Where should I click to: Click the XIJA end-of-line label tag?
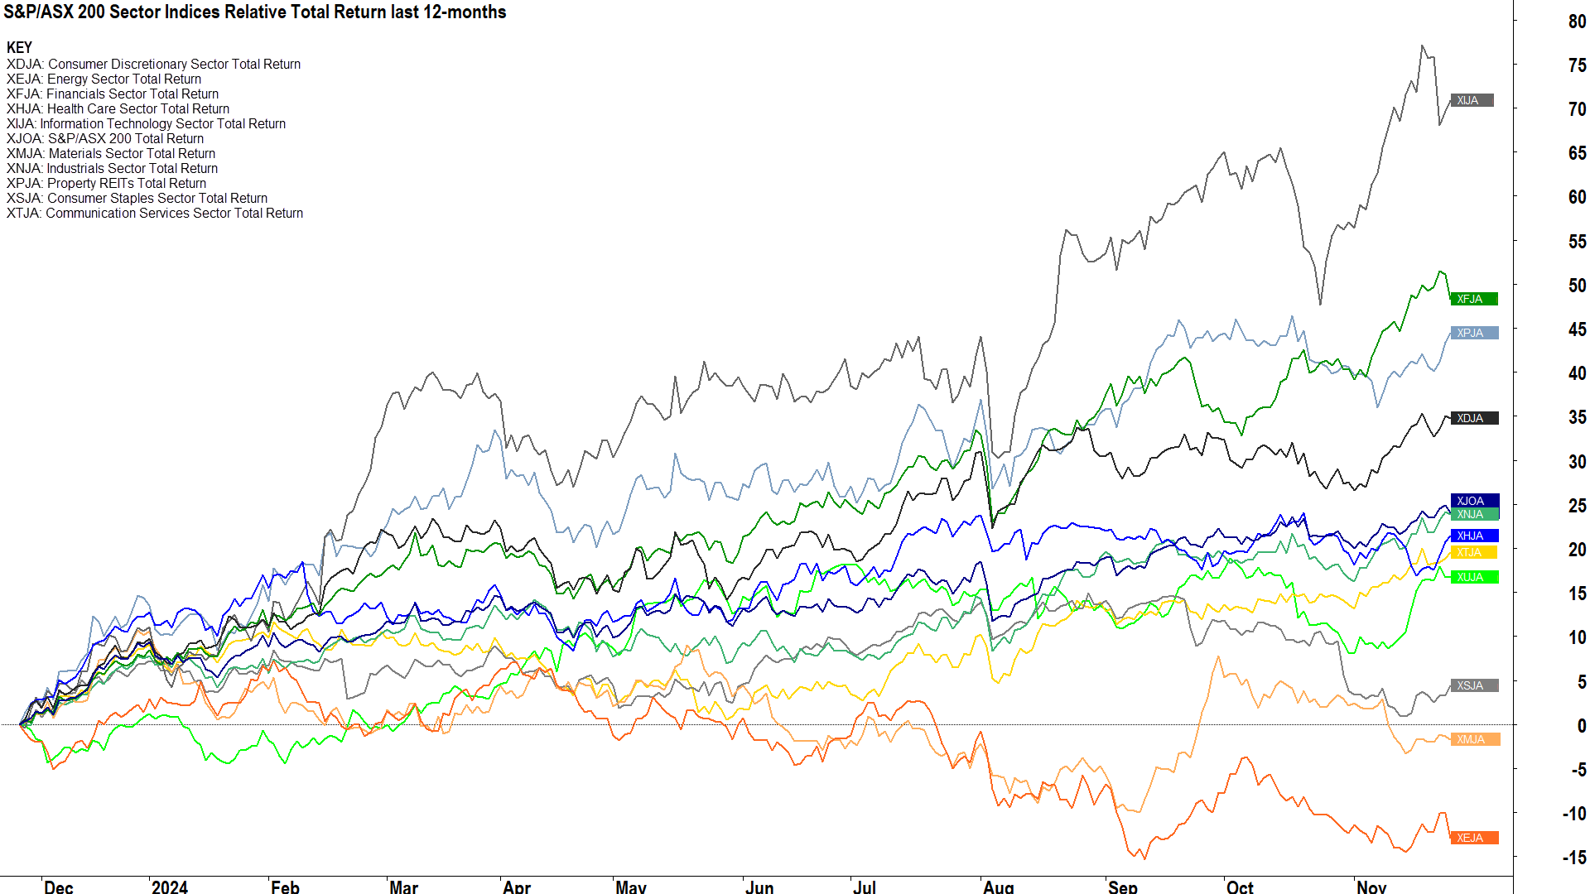1472,100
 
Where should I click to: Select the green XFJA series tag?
1473,299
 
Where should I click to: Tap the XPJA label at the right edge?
1474,333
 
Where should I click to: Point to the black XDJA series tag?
1474,418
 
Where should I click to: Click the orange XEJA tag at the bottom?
1474,838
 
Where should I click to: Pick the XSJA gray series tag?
1474,685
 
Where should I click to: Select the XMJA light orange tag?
1474,739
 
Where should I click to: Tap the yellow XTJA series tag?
1473,552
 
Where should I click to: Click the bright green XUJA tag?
1474,577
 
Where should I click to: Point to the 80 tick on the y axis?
1577,22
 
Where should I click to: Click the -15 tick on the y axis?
1574,858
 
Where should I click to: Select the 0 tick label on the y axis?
1582,726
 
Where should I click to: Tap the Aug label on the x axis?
999,887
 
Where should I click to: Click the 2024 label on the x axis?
170,887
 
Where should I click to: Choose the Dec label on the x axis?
59,887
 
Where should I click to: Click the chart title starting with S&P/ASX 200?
254,12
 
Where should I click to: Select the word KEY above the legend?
19,47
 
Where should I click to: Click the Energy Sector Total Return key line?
104,79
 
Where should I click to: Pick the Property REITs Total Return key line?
106,183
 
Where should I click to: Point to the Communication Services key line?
155,213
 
